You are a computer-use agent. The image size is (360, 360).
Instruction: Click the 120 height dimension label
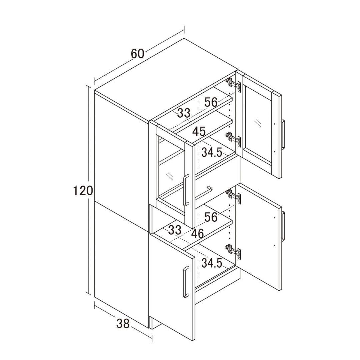coord(83,191)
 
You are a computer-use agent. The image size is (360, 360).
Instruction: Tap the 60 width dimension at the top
coord(138,53)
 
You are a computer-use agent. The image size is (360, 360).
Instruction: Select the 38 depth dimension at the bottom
coord(123,324)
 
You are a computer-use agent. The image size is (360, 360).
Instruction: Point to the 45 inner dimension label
coord(199,132)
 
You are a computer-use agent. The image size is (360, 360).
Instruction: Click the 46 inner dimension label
coord(197,234)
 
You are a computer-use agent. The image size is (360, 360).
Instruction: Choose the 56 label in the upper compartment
coord(211,102)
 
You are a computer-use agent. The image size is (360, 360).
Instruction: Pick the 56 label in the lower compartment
coord(211,217)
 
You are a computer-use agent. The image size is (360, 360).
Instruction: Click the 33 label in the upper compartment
coord(184,113)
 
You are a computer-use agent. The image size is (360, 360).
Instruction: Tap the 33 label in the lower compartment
coord(175,230)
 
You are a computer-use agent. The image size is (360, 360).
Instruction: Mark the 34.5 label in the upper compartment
coord(212,152)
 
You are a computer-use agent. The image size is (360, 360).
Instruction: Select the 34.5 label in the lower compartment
coord(212,263)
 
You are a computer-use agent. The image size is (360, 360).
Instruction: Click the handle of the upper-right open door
coord(284,134)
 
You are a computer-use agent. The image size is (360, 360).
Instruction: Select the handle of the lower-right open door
coord(284,226)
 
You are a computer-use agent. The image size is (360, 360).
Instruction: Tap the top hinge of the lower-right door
coord(233,196)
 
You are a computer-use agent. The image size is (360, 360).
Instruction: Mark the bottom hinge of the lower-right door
coord(233,251)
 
